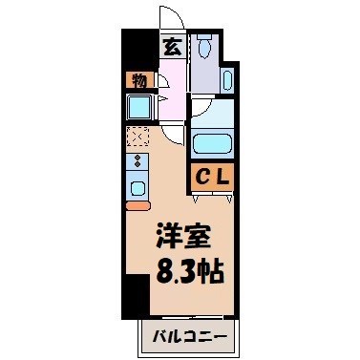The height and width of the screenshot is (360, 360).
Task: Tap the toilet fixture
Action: click(x=204, y=47)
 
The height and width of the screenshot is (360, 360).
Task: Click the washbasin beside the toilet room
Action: click(x=227, y=79)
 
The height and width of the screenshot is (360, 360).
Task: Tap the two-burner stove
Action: click(x=137, y=161)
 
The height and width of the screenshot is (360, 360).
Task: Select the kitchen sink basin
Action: click(x=138, y=185)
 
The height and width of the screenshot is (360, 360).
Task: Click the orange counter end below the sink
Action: click(x=138, y=205)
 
